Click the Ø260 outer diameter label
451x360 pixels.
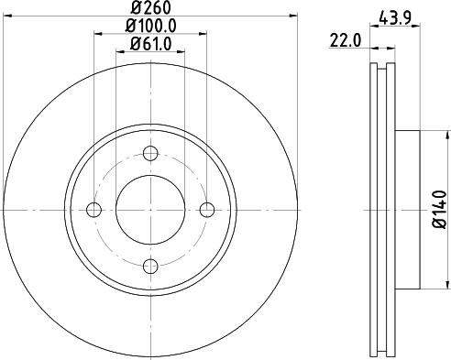[x=149, y=8]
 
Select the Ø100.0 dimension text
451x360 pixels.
[x=150, y=27]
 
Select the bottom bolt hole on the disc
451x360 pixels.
[x=149, y=267]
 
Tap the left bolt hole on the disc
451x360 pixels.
[x=93, y=210]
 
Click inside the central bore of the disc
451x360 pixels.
[x=149, y=210]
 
